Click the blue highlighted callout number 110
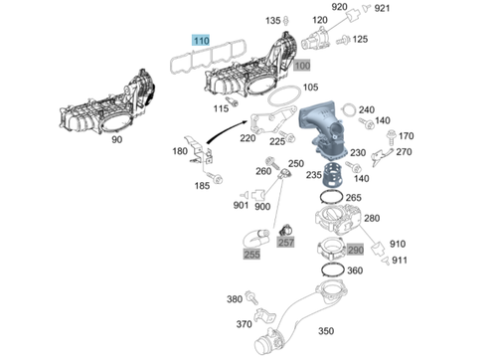[x=203, y=40]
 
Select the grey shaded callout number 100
[x=302, y=65]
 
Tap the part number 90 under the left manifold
[x=117, y=141]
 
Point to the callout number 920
[x=340, y=8]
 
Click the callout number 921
[x=383, y=9]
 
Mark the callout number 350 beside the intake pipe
[x=325, y=331]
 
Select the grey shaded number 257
[x=286, y=242]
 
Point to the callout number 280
[x=372, y=218]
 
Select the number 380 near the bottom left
[x=235, y=298]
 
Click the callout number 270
[x=404, y=152]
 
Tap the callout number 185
[x=202, y=185]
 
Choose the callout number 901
[x=241, y=206]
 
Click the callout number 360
[x=355, y=270]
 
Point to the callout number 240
[x=367, y=109]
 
